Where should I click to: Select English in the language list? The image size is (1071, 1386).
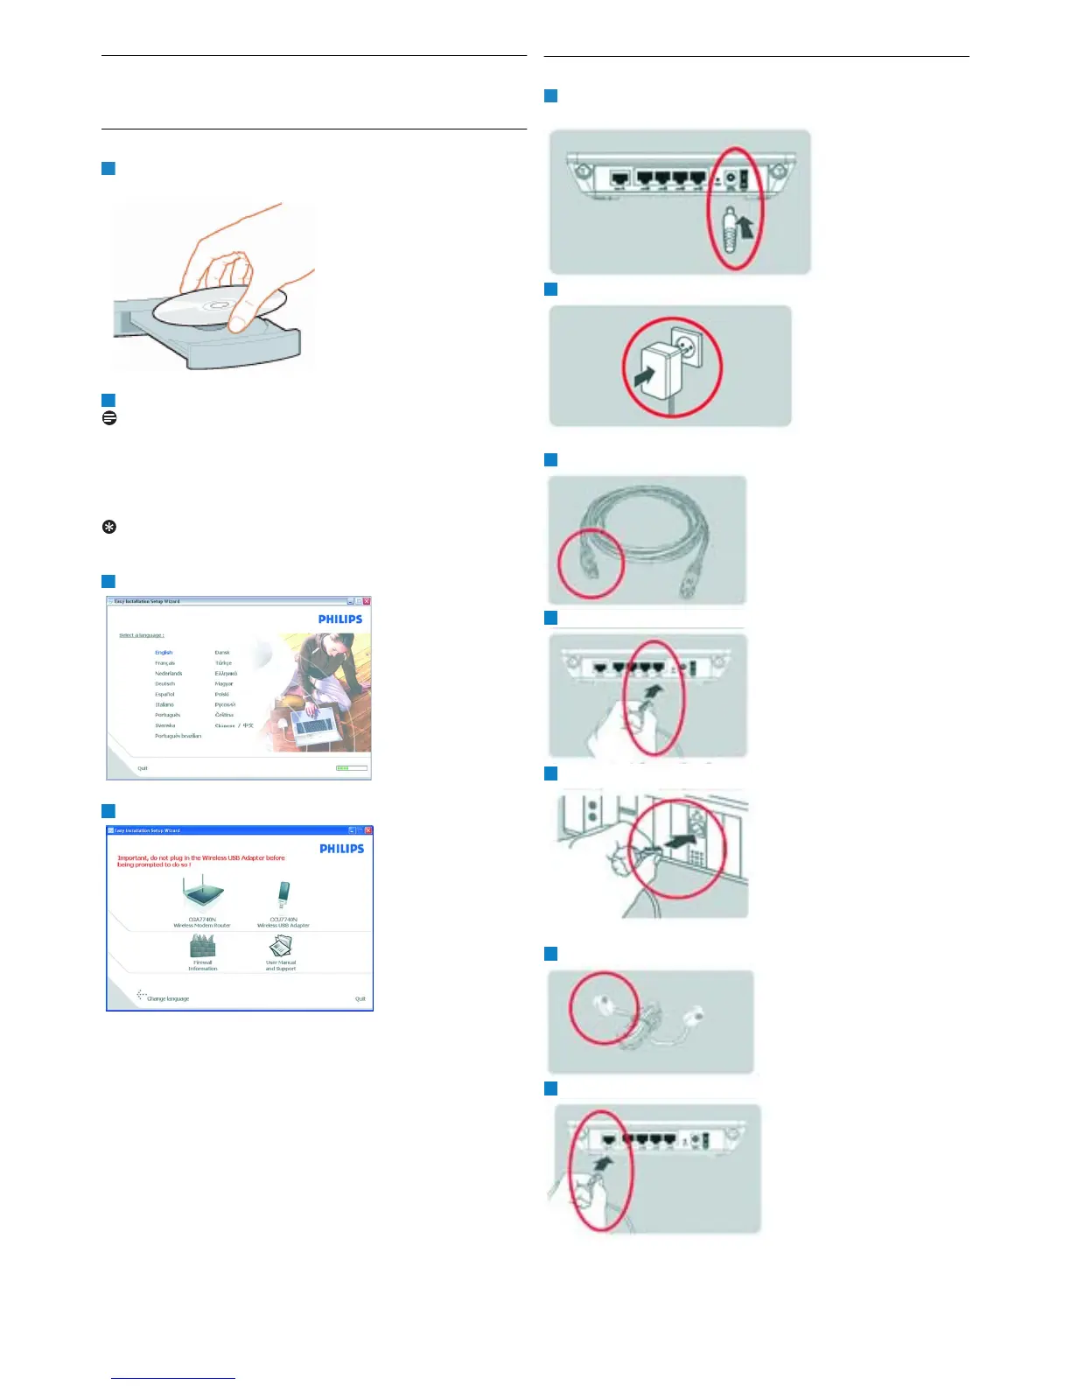(164, 653)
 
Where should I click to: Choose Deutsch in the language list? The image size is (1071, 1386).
(164, 684)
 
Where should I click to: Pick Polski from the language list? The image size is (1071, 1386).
(222, 695)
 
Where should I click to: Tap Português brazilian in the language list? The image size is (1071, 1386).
(178, 736)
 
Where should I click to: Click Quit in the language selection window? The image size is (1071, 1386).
(143, 768)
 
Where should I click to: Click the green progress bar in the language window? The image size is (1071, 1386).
(352, 768)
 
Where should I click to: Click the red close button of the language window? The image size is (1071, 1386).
(367, 602)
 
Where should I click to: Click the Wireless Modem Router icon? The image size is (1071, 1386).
(203, 893)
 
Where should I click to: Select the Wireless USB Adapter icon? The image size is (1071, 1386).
(283, 895)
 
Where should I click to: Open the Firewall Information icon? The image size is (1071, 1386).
(202, 946)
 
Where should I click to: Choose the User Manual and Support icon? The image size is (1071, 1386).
(281, 946)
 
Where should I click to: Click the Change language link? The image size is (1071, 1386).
(167, 998)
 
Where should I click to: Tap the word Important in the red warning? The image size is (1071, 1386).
(134, 858)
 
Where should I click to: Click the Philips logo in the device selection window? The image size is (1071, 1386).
(341, 849)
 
